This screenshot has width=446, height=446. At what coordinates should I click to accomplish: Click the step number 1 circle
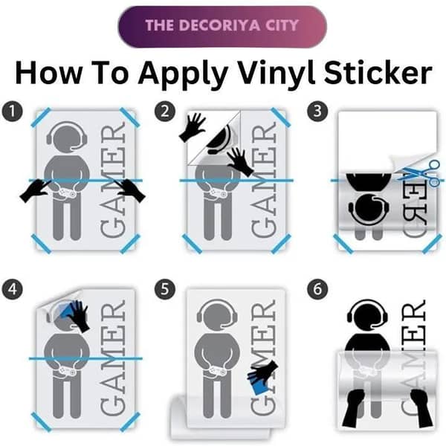coord(12,111)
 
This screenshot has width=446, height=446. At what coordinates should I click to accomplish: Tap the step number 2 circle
coord(165,111)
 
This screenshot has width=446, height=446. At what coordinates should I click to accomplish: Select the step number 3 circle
coord(317,111)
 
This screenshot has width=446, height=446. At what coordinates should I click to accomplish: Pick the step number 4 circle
coord(12,289)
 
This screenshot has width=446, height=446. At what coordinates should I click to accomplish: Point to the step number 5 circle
coord(165,289)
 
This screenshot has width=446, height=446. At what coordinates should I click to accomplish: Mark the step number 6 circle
coord(317,289)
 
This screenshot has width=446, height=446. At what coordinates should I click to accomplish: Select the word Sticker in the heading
coord(378,73)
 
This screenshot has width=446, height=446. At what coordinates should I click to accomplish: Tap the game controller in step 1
coord(66,193)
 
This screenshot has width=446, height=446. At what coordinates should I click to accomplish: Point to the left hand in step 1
coord(35,191)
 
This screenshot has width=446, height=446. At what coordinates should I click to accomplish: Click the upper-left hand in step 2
coord(193,127)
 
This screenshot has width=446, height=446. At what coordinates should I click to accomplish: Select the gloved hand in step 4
coord(79,316)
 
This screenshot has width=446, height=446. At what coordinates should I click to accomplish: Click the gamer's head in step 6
coord(368,315)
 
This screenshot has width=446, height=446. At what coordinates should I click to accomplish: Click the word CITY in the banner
coord(282,25)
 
